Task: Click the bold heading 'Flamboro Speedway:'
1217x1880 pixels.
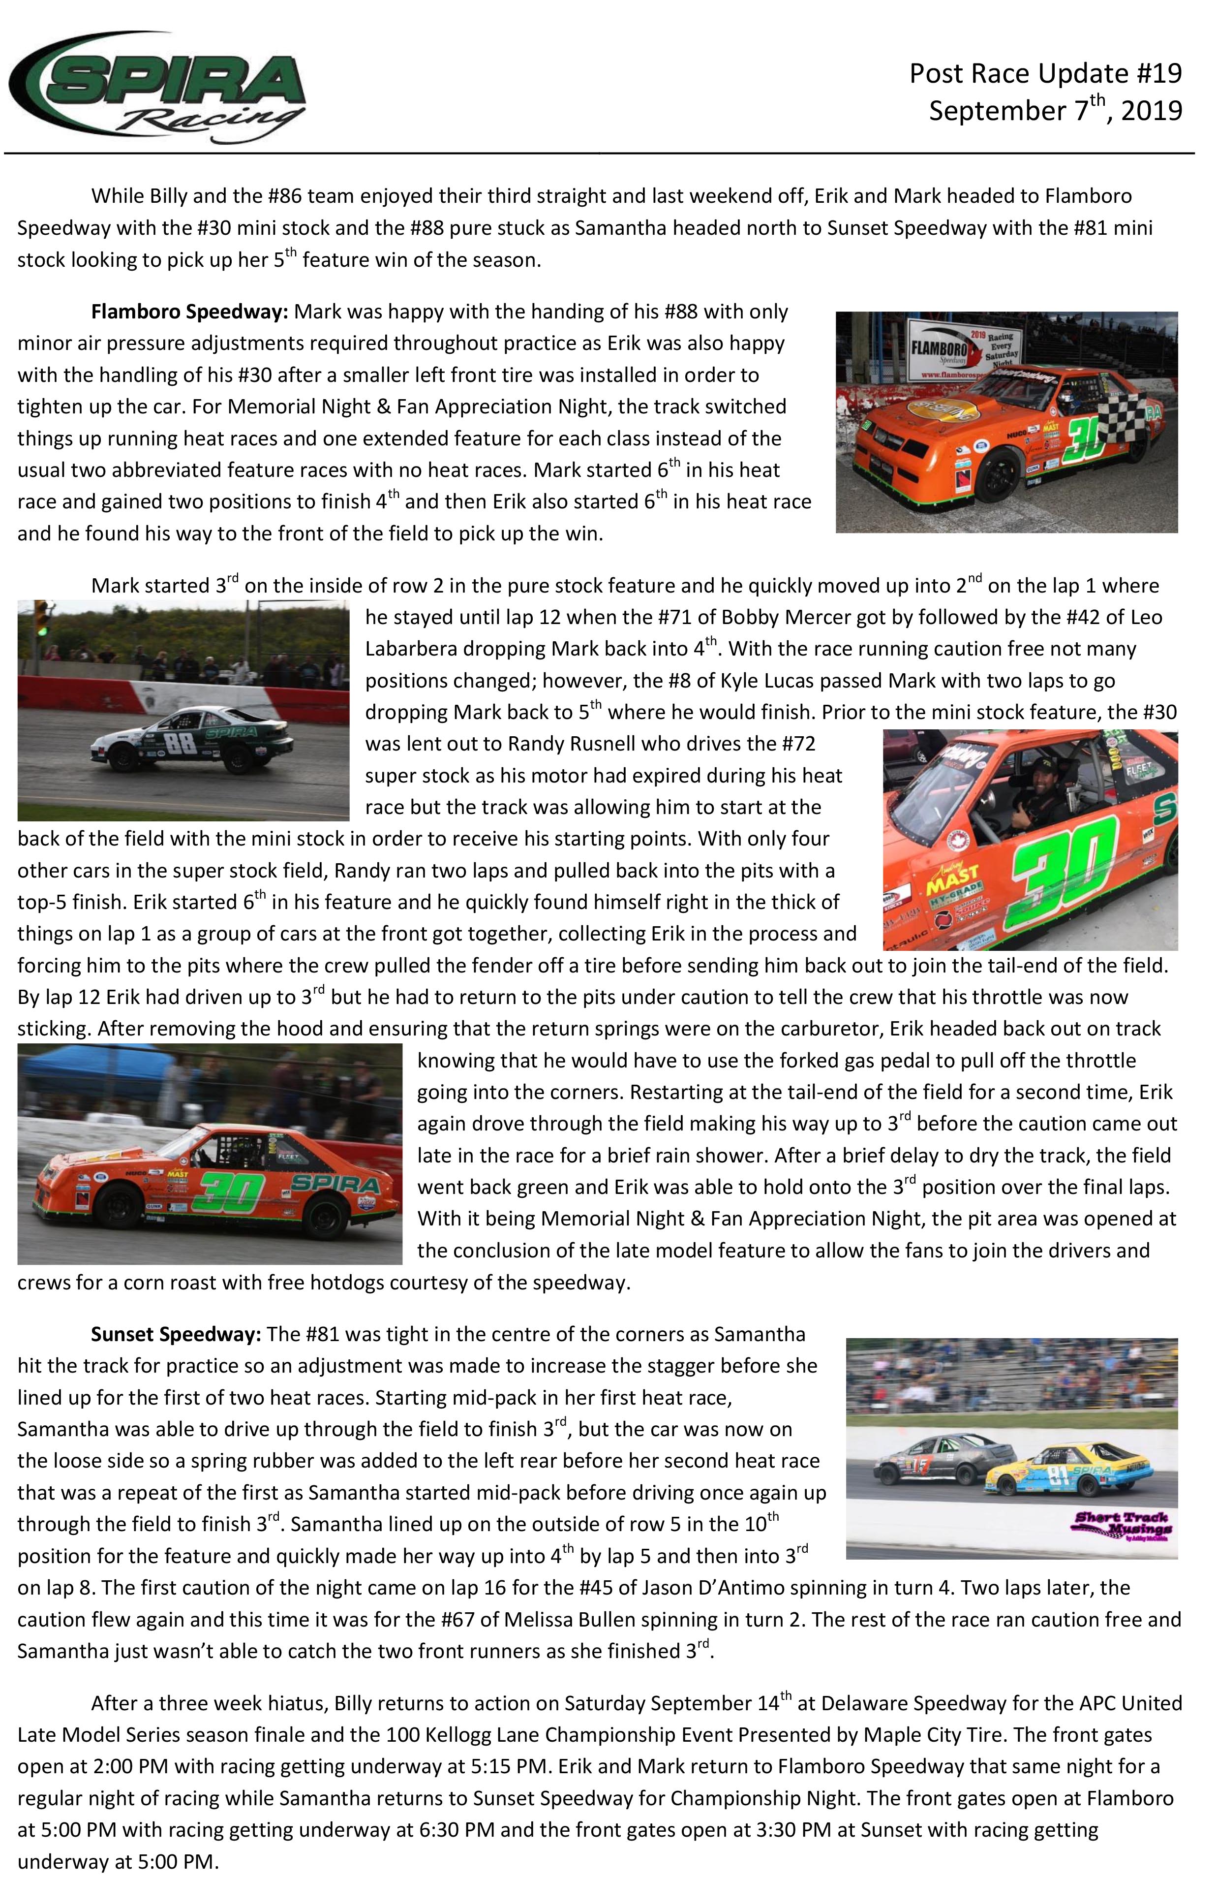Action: (189, 311)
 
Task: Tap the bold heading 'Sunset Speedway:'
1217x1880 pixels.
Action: (175, 1334)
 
